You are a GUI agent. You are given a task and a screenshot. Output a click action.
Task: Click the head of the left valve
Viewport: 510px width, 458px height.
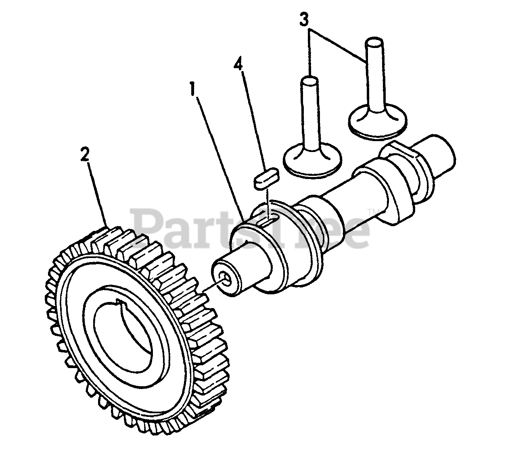click(x=313, y=161)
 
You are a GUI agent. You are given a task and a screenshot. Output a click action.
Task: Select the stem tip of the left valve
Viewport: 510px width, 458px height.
click(x=309, y=82)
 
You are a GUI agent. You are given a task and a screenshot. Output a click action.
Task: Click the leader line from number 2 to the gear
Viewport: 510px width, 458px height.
click(x=97, y=194)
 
